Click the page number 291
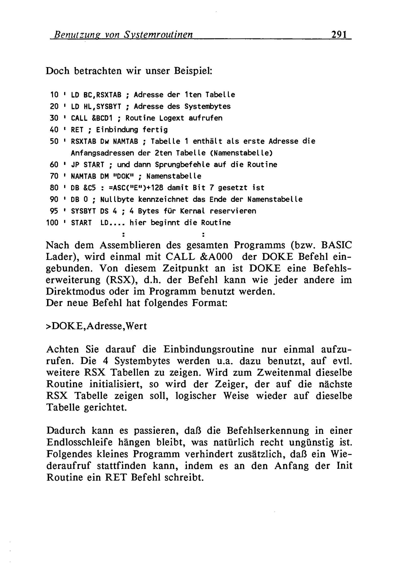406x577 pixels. pos(339,34)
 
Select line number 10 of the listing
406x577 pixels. pos(54,95)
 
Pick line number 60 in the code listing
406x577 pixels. pos(54,165)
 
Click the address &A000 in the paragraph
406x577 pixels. pos(216,257)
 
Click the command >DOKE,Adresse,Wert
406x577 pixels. pos(96,326)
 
